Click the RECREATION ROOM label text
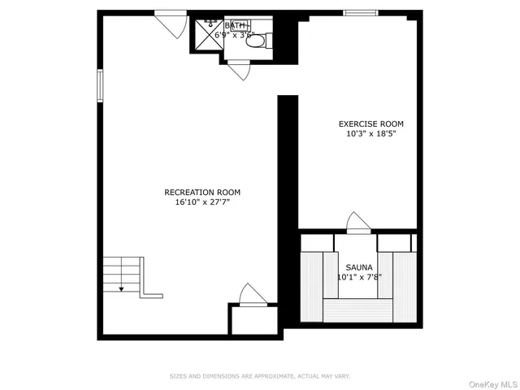click(202, 193)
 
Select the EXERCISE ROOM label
click(370, 123)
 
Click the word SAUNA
click(359, 267)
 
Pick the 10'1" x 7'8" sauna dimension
click(359, 277)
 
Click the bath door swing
click(239, 71)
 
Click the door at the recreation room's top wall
click(171, 23)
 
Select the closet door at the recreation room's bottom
click(251, 295)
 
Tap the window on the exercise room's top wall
click(361, 12)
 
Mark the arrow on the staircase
click(121, 286)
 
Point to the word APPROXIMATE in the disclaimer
click(262, 376)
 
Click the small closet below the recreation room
click(253, 319)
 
